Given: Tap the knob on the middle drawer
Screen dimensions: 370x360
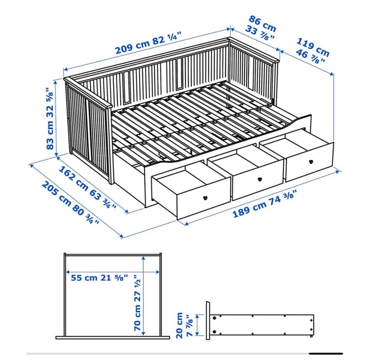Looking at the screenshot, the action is pos(260,179).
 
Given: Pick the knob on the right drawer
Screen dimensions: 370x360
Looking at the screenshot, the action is pos(311,162).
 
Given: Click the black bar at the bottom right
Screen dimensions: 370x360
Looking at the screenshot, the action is pos(326,353).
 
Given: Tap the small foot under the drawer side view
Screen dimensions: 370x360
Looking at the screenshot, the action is pos(311,336).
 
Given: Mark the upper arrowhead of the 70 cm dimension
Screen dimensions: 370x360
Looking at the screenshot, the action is pos(143,259).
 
